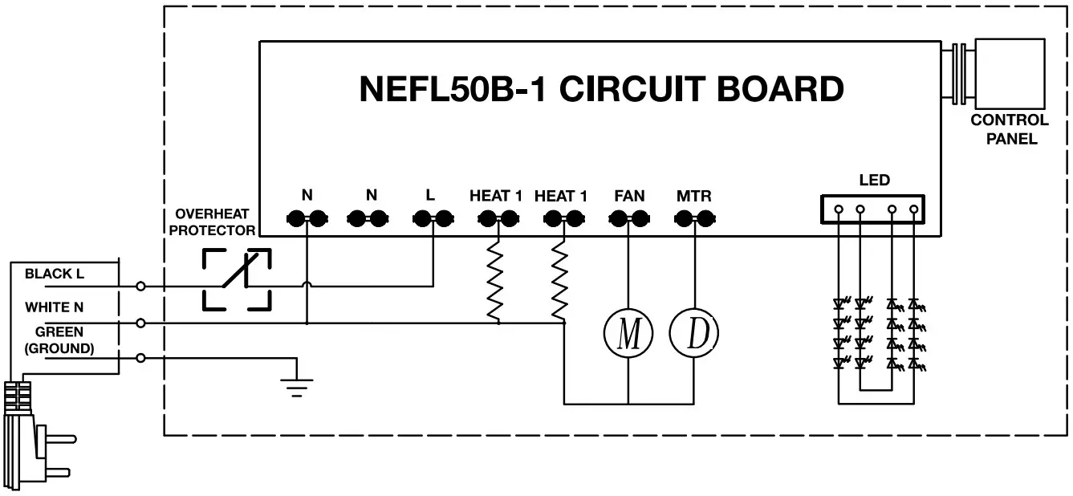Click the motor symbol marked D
click(694, 334)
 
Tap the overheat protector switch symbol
click(237, 278)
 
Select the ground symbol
click(298, 386)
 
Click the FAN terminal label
click(628, 196)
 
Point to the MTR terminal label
click(694, 196)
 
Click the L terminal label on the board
click(431, 195)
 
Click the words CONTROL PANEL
click(1010, 129)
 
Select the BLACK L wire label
click(55, 274)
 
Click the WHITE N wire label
click(54, 307)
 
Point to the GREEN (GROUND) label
click(59, 340)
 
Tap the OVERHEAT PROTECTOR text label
click(213, 222)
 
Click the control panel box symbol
click(1008, 74)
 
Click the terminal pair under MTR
click(694, 218)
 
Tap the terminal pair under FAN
click(628, 218)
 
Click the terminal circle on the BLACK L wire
click(141, 286)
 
